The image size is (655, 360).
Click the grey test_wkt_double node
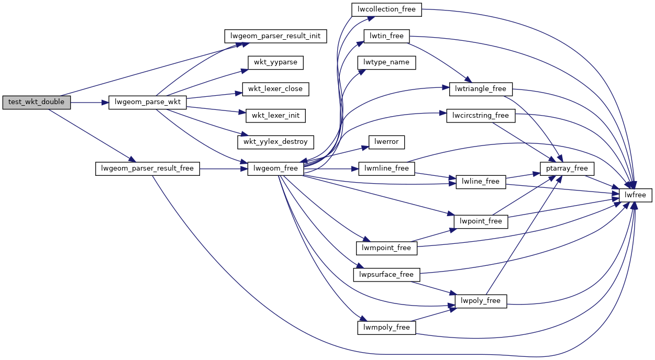tap(36, 103)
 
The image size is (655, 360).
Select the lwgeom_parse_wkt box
tap(147, 103)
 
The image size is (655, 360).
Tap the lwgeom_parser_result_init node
tap(275, 36)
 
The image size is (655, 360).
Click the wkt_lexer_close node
tap(275, 89)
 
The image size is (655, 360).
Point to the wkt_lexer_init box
tap(275, 115)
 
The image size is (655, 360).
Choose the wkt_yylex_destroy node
tap(275, 142)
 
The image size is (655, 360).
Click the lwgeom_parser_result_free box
tap(147, 168)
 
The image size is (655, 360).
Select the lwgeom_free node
tap(275, 168)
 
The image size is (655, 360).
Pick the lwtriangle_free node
tap(481, 89)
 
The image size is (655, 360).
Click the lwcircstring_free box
tap(481, 115)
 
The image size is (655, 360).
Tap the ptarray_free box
tap(568, 168)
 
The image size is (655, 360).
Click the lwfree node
tap(636, 195)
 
